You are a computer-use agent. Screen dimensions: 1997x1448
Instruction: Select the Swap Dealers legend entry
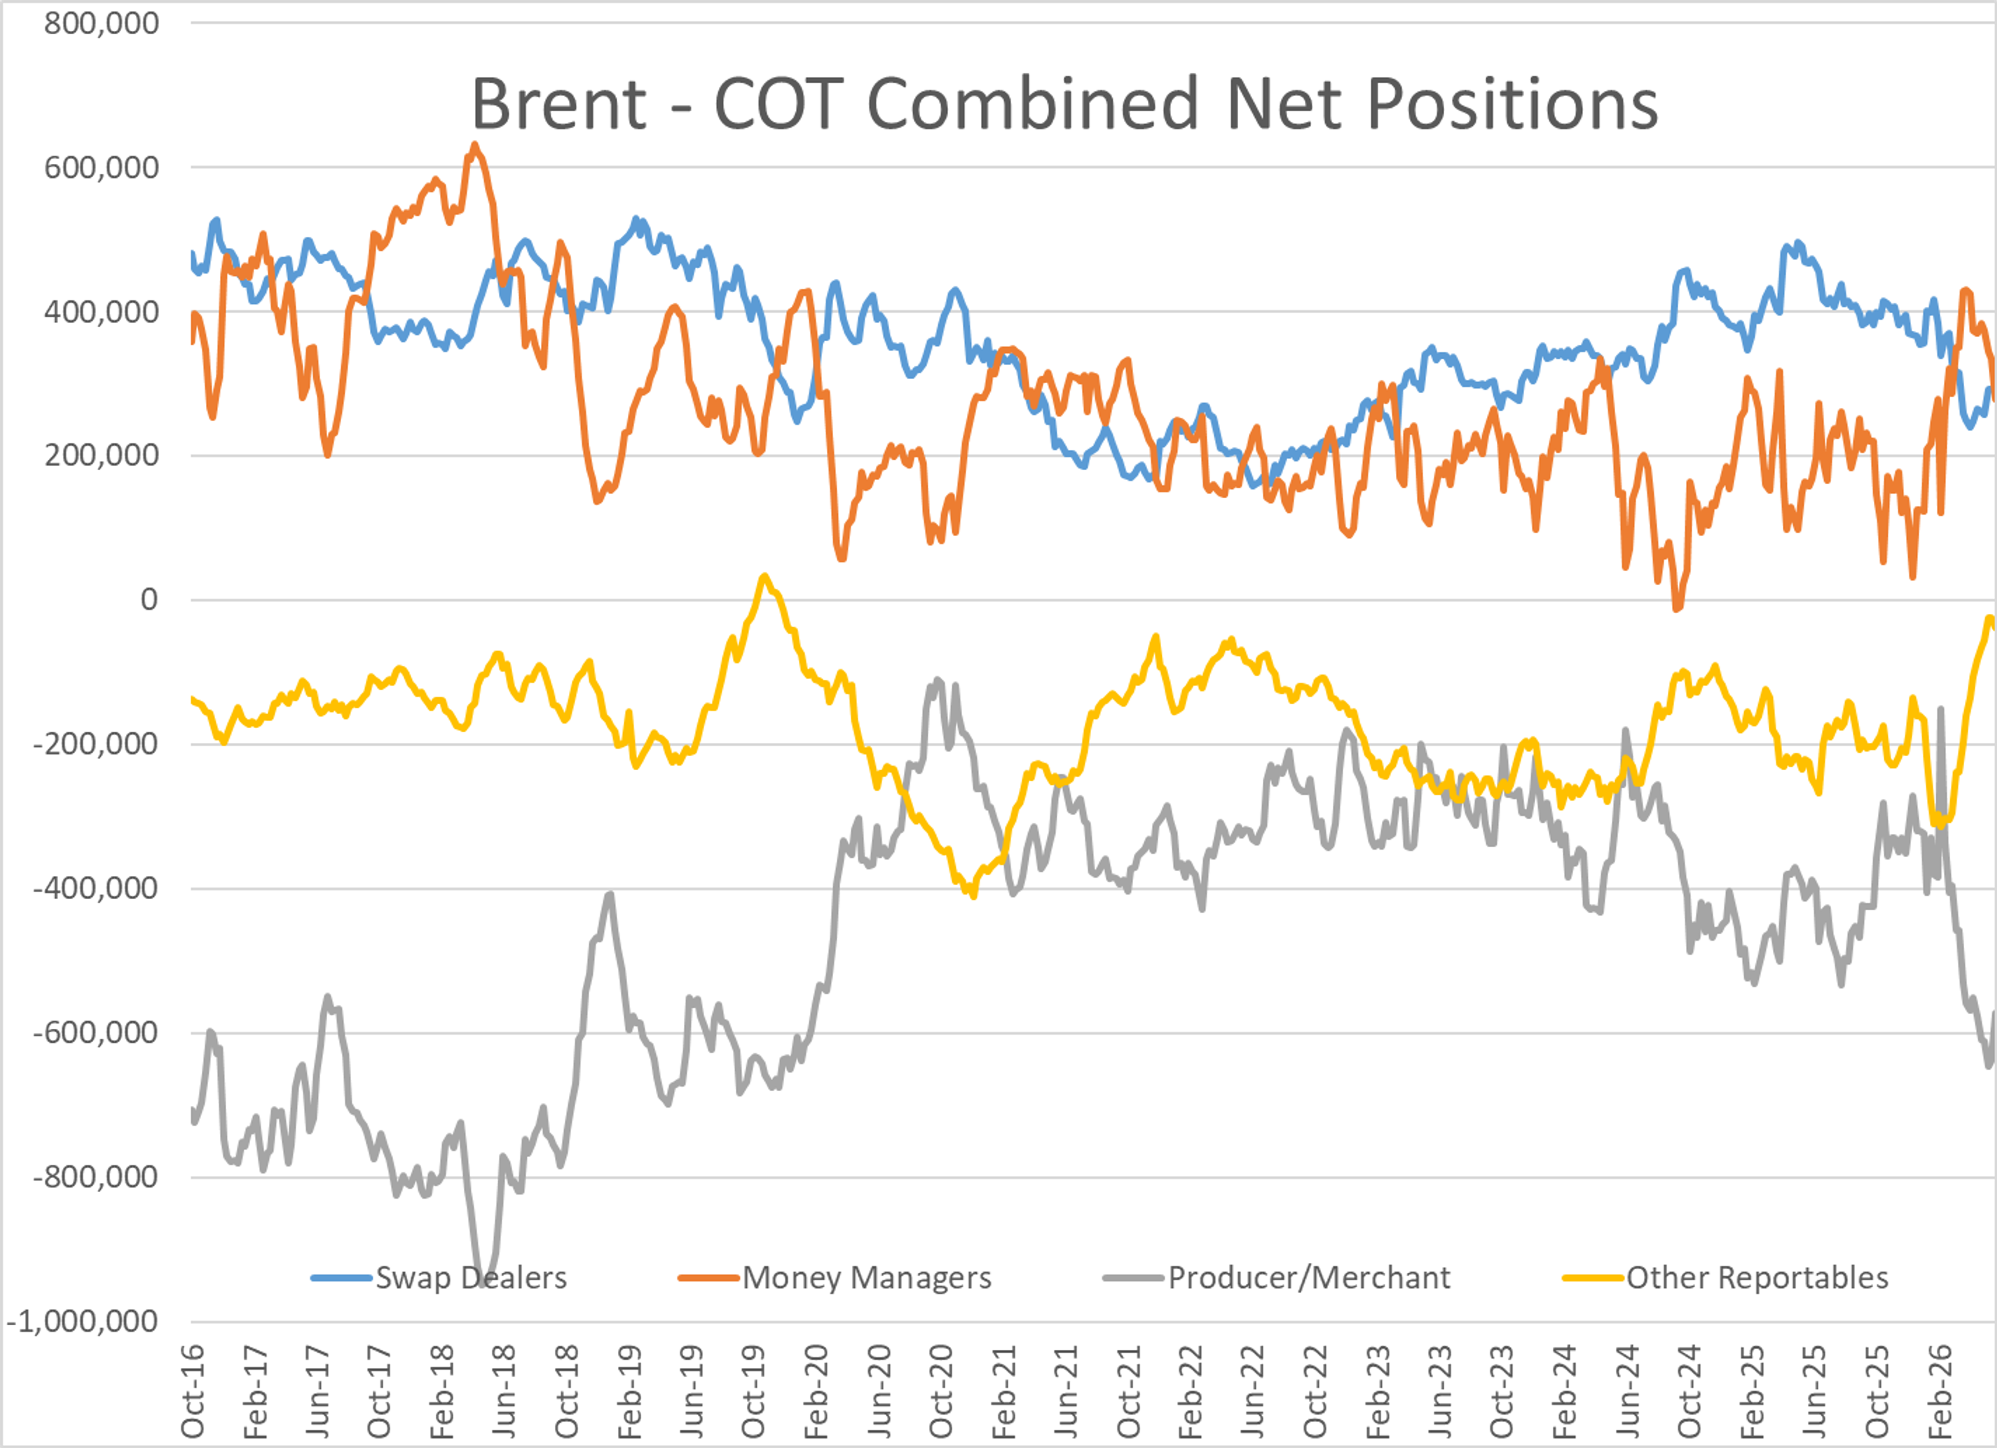point(438,1277)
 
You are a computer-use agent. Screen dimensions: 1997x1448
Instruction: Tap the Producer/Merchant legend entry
point(1277,1277)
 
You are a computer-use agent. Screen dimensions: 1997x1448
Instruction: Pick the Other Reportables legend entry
point(1726,1277)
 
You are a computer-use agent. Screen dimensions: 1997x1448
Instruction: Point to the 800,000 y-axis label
point(101,23)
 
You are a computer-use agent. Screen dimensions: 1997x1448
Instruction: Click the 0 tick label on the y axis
point(150,600)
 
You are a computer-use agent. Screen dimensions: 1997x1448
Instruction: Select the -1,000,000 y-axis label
point(83,1321)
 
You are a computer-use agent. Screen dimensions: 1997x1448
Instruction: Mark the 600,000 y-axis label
point(101,167)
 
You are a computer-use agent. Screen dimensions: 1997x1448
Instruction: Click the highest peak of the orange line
point(475,145)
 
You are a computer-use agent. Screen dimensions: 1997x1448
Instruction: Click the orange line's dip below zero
point(1677,607)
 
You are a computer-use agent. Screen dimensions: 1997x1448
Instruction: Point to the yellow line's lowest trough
point(973,895)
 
